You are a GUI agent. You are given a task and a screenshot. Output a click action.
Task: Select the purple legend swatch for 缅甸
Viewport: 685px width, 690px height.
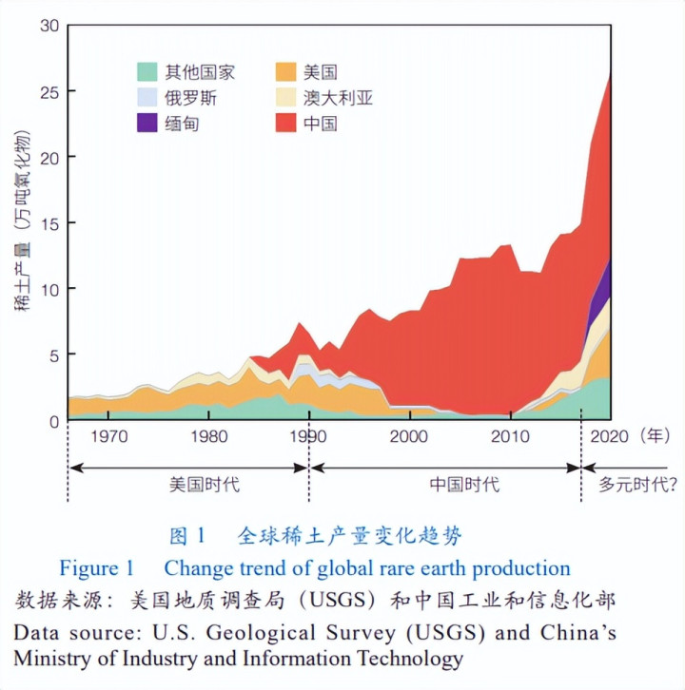[x=147, y=123]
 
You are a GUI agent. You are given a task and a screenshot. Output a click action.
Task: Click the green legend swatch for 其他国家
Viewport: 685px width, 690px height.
[x=147, y=71]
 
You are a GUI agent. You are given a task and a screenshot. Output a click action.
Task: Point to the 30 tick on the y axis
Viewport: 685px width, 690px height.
[x=49, y=26]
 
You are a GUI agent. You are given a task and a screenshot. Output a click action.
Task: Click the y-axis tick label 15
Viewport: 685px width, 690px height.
[x=49, y=223]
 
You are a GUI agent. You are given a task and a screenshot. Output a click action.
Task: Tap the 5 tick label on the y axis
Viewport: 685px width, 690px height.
[x=54, y=355]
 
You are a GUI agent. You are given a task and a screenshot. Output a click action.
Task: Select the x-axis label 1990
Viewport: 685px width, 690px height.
[x=308, y=437]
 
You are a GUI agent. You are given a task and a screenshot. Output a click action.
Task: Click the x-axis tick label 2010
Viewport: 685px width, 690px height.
[x=511, y=437]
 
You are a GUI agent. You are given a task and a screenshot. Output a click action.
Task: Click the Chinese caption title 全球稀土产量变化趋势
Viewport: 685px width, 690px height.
[x=349, y=536]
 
